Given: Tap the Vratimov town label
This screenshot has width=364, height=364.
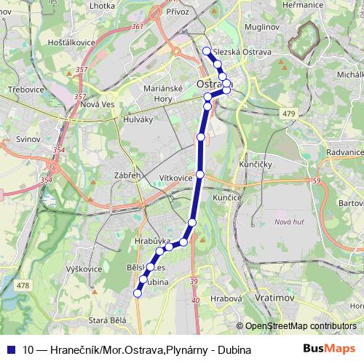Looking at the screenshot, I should coord(274,298).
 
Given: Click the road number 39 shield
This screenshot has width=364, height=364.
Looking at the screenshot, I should coord(194,282).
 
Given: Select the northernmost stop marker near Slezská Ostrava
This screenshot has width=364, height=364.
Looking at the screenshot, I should coord(207,51).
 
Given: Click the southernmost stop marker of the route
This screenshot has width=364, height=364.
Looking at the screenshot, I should coord(136,293).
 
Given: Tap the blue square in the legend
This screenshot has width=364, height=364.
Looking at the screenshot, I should coord(11,349).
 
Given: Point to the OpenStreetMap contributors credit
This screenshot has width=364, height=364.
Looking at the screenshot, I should coord(301,326).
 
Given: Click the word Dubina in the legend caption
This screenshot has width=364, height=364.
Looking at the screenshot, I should coord(234,349).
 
